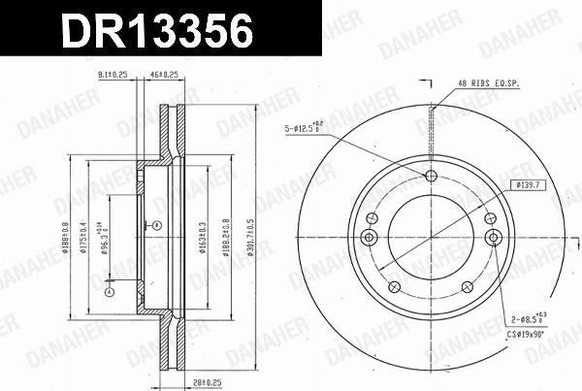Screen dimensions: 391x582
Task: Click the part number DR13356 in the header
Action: point(158,32)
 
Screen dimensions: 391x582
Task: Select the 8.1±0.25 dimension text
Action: point(114,74)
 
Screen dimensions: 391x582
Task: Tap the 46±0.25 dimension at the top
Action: point(162,74)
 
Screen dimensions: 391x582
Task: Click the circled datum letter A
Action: point(110,290)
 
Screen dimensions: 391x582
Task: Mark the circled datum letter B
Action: point(155,225)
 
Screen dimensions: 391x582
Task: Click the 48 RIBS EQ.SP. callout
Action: point(490,84)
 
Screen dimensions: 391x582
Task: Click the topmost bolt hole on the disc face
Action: point(432,175)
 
